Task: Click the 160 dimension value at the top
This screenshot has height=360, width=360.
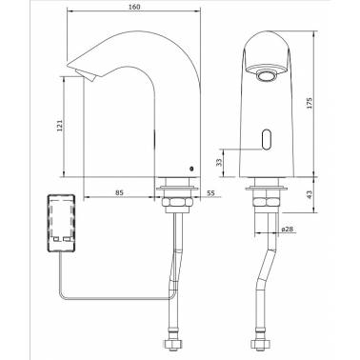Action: pyautogui.click(x=134, y=7)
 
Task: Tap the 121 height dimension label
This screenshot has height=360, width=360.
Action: pyautogui.click(x=60, y=126)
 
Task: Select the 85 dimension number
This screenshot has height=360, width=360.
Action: pyautogui.click(x=119, y=192)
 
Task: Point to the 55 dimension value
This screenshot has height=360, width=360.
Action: pyautogui.click(x=210, y=192)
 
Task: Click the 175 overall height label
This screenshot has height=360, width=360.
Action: pyautogui.click(x=310, y=103)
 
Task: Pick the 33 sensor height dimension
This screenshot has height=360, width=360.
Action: pyautogui.click(x=219, y=163)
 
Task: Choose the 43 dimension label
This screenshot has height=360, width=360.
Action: pyautogui.click(x=310, y=194)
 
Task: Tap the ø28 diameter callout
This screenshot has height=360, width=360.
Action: pyautogui.click(x=287, y=229)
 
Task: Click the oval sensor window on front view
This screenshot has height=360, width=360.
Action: pyautogui.click(x=267, y=139)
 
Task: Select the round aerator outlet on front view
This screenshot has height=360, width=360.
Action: pyautogui.click(x=266, y=76)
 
